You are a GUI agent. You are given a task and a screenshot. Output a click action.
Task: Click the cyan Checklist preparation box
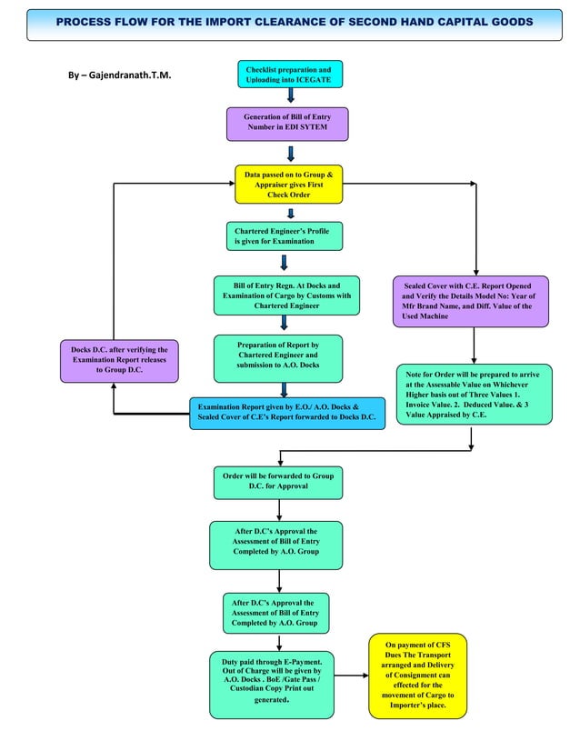pyautogui.click(x=290, y=75)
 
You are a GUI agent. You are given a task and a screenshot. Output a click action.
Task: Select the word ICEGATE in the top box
pyautogui.click(x=315, y=81)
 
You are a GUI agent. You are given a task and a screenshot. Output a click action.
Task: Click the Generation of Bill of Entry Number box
pyautogui.click(x=287, y=124)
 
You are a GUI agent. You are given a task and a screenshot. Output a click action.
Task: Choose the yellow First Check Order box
pyautogui.click(x=288, y=184)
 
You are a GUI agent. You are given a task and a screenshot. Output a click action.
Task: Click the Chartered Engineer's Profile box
pyautogui.click(x=284, y=236)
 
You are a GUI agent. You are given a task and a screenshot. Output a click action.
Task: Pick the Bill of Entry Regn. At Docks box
pyautogui.click(x=286, y=295)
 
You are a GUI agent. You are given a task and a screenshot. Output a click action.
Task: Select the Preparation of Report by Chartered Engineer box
pyautogui.click(x=278, y=358)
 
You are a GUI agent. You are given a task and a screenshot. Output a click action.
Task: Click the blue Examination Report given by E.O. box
pyautogui.click(x=286, y=413)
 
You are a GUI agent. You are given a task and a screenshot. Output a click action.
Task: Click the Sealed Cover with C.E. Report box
pyautogui.click(x=472, y=301)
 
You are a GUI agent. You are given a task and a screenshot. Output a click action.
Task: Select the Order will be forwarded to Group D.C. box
pyautogui.click(x=278, y=481)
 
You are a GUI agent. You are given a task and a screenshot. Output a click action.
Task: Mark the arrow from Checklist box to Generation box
pyautogui.click(x=290, y=97)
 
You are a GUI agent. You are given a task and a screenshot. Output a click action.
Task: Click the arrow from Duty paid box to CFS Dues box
pyautogui.click(x=350, y=676)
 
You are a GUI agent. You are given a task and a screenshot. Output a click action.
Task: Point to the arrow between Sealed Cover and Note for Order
pyautogui.click(x=474, y=345)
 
